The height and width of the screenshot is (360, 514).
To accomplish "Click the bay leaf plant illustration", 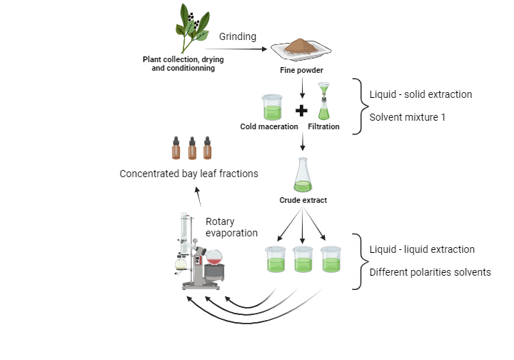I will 191,29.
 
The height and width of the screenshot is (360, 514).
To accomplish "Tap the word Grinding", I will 238,36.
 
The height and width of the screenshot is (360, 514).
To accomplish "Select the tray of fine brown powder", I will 301,49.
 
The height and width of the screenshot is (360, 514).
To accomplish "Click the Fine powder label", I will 301,71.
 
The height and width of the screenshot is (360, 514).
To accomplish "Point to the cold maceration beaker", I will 273,107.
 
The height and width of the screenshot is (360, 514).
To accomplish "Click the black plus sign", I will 301,111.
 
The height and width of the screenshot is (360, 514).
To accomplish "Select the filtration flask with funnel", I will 324,103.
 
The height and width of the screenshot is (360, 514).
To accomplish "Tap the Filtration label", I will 323,127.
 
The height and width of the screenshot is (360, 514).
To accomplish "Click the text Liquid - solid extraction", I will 420,94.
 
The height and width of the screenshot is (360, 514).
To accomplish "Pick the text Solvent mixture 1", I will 407,116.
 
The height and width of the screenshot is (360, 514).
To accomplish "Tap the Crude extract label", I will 303,201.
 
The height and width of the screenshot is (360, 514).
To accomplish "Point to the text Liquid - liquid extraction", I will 422,249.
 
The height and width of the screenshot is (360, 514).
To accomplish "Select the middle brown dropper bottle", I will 192,148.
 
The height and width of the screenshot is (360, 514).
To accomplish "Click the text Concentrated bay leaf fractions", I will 188,174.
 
